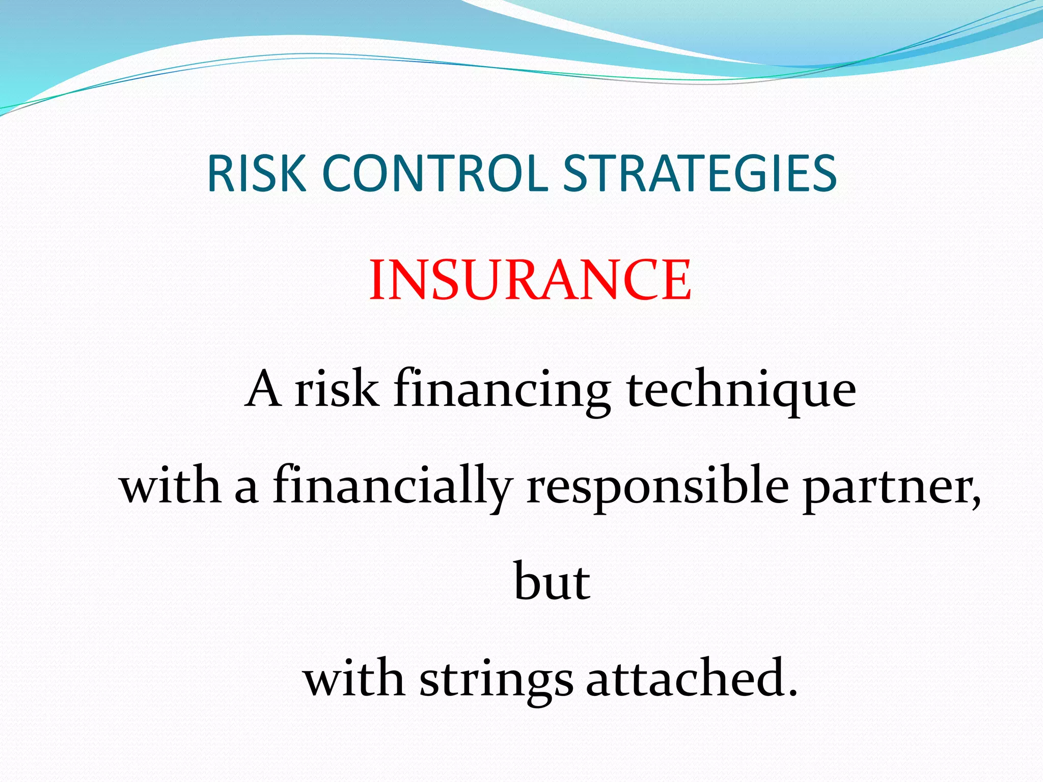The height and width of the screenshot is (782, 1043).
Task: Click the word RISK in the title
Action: coord(256,174)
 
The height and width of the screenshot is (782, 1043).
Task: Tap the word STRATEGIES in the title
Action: coord(700,174)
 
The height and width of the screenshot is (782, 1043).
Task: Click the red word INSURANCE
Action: coord(530,280)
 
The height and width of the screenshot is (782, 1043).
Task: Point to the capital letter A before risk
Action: coord(263,389)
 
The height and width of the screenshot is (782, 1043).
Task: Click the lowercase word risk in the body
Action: coord(337,389)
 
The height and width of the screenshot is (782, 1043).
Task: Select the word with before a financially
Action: coord(170,486)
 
